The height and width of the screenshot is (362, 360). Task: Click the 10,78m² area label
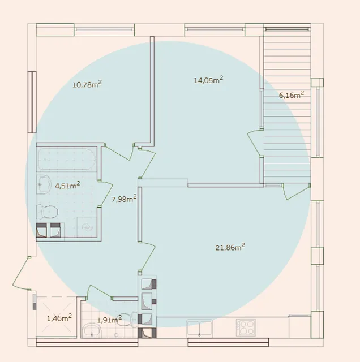point(87,84)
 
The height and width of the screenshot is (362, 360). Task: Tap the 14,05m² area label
point(208,80)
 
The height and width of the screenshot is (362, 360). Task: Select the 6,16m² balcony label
point(292,94)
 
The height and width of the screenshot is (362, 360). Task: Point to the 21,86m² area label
point(230,247)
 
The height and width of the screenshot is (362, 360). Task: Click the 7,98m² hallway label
point(124,199)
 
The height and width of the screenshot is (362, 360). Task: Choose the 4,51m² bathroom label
point(67,186)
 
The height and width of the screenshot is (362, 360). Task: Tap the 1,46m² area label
point(59,318)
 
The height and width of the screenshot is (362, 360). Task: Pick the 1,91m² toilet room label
point(109,320)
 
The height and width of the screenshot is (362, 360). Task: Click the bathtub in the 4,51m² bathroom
point(67,159)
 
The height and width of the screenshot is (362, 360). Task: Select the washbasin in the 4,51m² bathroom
point(44,184)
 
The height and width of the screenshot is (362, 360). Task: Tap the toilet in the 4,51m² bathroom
point(48,212)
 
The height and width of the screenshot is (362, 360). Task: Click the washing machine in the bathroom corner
point(87,227)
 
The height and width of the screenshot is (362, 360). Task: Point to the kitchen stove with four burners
point(246,327)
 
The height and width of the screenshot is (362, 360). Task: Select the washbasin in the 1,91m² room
point(92,330)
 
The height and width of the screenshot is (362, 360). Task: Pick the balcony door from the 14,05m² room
point(254,143)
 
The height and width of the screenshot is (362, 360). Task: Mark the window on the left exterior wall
point(32,102)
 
